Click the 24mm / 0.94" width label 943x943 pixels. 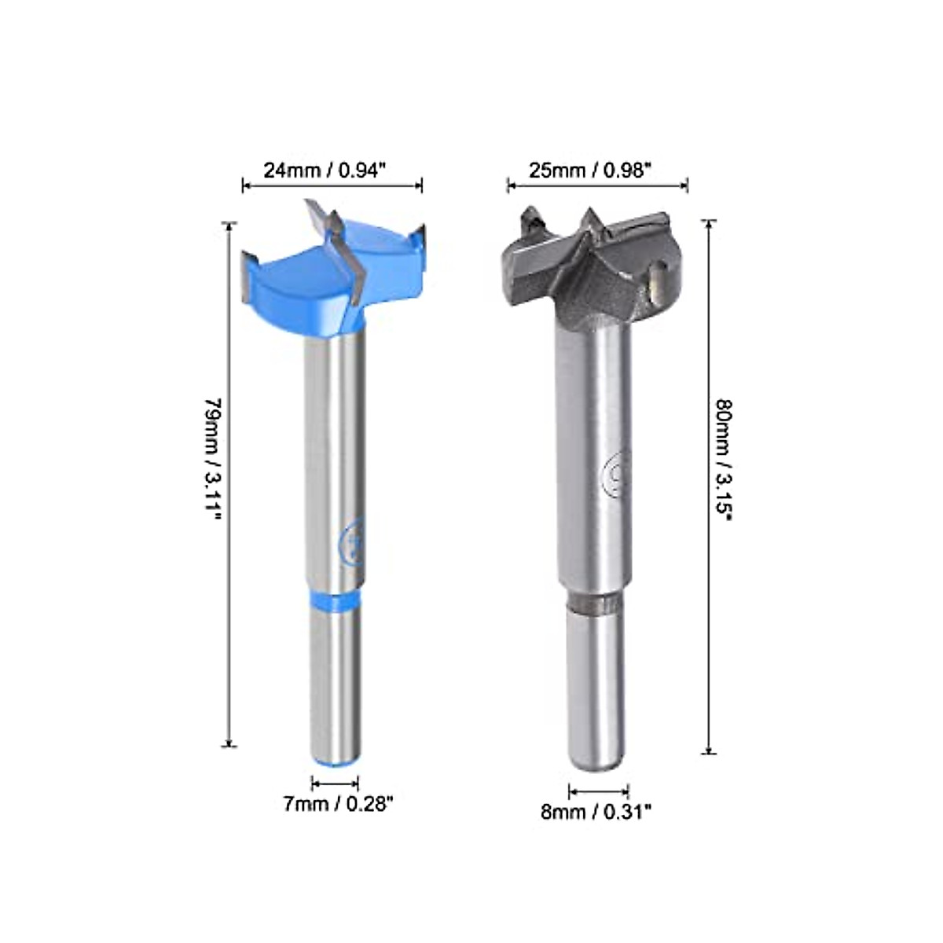324,171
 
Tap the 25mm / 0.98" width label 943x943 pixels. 590,171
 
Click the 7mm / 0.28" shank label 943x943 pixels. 338,804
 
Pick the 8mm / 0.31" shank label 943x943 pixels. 596,812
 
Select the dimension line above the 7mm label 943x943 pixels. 336,783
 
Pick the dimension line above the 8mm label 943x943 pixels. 598,792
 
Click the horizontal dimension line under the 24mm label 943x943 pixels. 332,186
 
